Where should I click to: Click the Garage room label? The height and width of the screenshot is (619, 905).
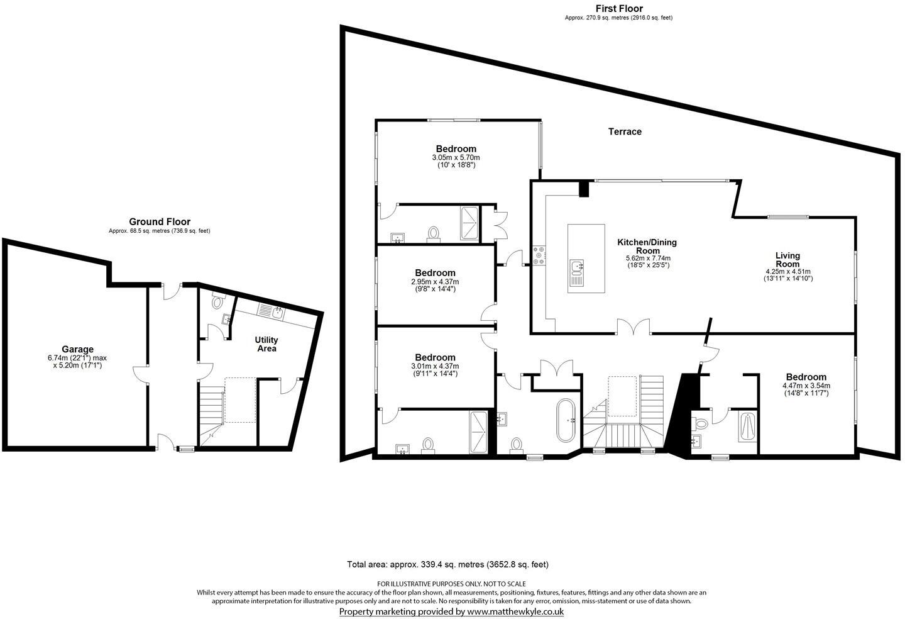pos(77,349)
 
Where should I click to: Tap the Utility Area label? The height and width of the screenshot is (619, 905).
pos(266,344)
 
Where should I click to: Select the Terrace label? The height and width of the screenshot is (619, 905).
pos(625,131)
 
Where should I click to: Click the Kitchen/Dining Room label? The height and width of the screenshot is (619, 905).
pos(647,246)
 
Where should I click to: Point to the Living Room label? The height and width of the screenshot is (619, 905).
pos(787,260)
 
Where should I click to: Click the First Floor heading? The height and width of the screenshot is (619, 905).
pos(619,8)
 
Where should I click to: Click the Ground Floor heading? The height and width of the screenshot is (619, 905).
pos(160,221)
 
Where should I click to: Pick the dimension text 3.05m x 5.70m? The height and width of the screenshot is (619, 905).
pos(456,157)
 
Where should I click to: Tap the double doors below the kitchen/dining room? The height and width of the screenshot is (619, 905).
pos(633,327)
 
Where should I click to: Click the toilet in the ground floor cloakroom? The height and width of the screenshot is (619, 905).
pos(218,303)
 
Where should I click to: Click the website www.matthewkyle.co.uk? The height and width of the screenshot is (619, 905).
pos(515,611)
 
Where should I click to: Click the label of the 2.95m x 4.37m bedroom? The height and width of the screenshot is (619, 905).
pos(435,273)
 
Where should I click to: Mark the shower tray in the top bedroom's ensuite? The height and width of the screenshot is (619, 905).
pos(469,223)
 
